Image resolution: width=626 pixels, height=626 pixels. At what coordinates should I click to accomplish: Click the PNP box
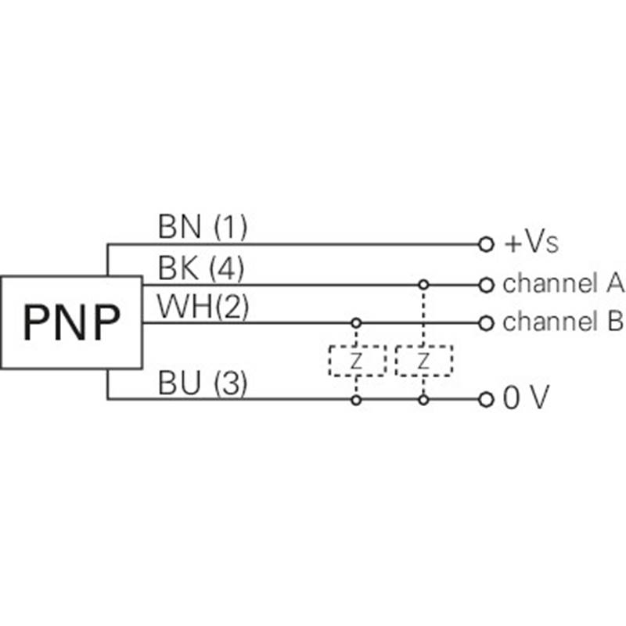pos(71,322)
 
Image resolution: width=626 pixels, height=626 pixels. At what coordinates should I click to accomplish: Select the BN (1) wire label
pos(203,228)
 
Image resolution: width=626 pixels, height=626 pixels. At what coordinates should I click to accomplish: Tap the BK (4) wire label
pos(201,269)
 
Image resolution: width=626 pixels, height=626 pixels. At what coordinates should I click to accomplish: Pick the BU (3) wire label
pos(203,384)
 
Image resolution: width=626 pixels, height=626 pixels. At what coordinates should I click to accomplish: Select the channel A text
pos(563,284)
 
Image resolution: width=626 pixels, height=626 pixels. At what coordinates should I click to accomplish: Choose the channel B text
pos(563,322)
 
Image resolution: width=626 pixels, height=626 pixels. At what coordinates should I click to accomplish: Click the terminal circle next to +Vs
pos(486,245)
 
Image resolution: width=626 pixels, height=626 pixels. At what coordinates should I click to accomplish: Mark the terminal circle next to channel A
pos(486,284)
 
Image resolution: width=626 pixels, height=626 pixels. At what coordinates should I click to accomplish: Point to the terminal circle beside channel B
pos(486,322)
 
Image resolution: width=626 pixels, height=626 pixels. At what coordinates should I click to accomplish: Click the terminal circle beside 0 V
pos(486,400)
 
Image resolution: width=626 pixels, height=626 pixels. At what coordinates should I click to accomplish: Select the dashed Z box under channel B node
pos(357,361)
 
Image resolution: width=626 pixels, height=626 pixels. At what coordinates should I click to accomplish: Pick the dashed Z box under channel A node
pos(423,361)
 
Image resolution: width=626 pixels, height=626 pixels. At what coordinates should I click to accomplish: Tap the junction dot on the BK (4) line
pos(423,284)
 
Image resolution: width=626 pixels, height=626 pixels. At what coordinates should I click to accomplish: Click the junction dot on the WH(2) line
pos(357,322)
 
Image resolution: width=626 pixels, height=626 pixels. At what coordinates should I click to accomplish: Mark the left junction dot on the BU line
pos(357,400)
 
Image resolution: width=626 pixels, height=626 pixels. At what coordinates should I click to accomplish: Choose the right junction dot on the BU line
pos(423,400)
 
